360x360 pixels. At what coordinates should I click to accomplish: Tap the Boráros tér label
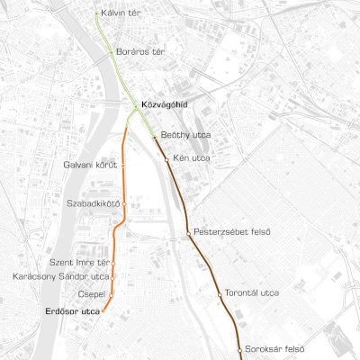(140, 52)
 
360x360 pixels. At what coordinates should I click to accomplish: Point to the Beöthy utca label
(185, 135)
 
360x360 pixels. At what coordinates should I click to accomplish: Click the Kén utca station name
(191, 157)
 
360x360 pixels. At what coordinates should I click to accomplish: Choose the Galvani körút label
(91, 165)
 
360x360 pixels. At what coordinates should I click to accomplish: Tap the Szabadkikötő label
(93, 203)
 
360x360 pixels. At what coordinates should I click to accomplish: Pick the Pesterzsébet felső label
(232, 232)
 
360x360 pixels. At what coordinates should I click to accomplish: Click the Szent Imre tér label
(79, 262)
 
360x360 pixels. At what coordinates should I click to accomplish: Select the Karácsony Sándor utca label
(62, 276)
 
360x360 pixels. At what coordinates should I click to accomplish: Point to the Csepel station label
(93, 293)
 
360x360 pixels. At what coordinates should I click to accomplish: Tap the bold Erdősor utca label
(72, 310)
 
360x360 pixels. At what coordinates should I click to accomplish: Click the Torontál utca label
(252, 293)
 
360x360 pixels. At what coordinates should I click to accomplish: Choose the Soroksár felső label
(274, 348)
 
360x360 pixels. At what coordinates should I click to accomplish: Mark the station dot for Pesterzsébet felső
(188, 232)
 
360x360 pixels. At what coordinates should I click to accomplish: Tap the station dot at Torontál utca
(220, 293)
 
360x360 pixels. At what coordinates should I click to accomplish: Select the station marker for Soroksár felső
(239, 348)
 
